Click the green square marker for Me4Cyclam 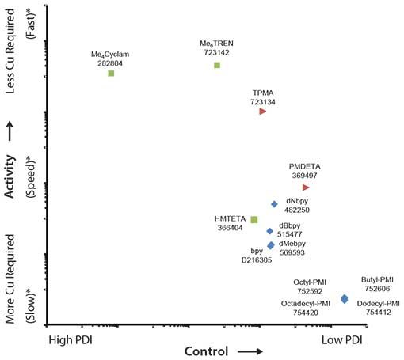tap(111, 74)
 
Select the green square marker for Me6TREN tap(216, 65)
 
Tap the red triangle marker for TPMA tap(262, 112)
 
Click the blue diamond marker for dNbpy tap(274, 204)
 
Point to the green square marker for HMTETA tap(254, 219)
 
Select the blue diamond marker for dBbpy tap(269, 232)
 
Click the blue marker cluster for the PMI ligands tap(344, 298)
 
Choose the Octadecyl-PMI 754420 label tap(306, 308)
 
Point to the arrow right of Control tap(248, 351)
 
